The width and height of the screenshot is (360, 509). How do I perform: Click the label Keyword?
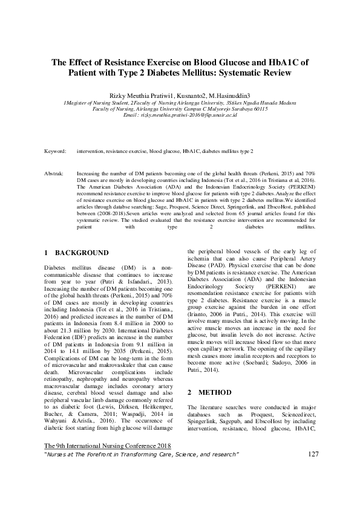click(56, 151)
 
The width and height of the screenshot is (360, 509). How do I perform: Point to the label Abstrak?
click(55, 173)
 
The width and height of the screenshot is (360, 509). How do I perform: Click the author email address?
click(188, 114)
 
